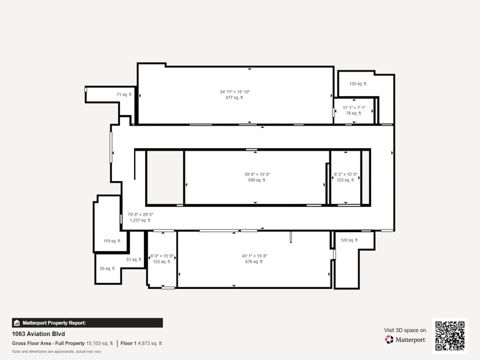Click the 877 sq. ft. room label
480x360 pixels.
235,97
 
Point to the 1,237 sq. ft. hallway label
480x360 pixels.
140,220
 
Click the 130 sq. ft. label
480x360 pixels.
358,84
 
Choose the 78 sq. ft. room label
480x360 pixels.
354,113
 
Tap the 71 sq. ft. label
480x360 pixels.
124,95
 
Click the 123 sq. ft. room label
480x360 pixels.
345,180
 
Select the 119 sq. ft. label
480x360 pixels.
112,241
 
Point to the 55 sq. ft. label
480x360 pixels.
107,268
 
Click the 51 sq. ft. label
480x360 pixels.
134,260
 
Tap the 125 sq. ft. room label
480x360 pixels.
162,261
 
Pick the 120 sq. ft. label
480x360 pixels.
349,240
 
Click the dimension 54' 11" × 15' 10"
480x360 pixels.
235,92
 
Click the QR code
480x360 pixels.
449,335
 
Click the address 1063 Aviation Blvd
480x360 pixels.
39,334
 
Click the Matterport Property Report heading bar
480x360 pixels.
87,323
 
